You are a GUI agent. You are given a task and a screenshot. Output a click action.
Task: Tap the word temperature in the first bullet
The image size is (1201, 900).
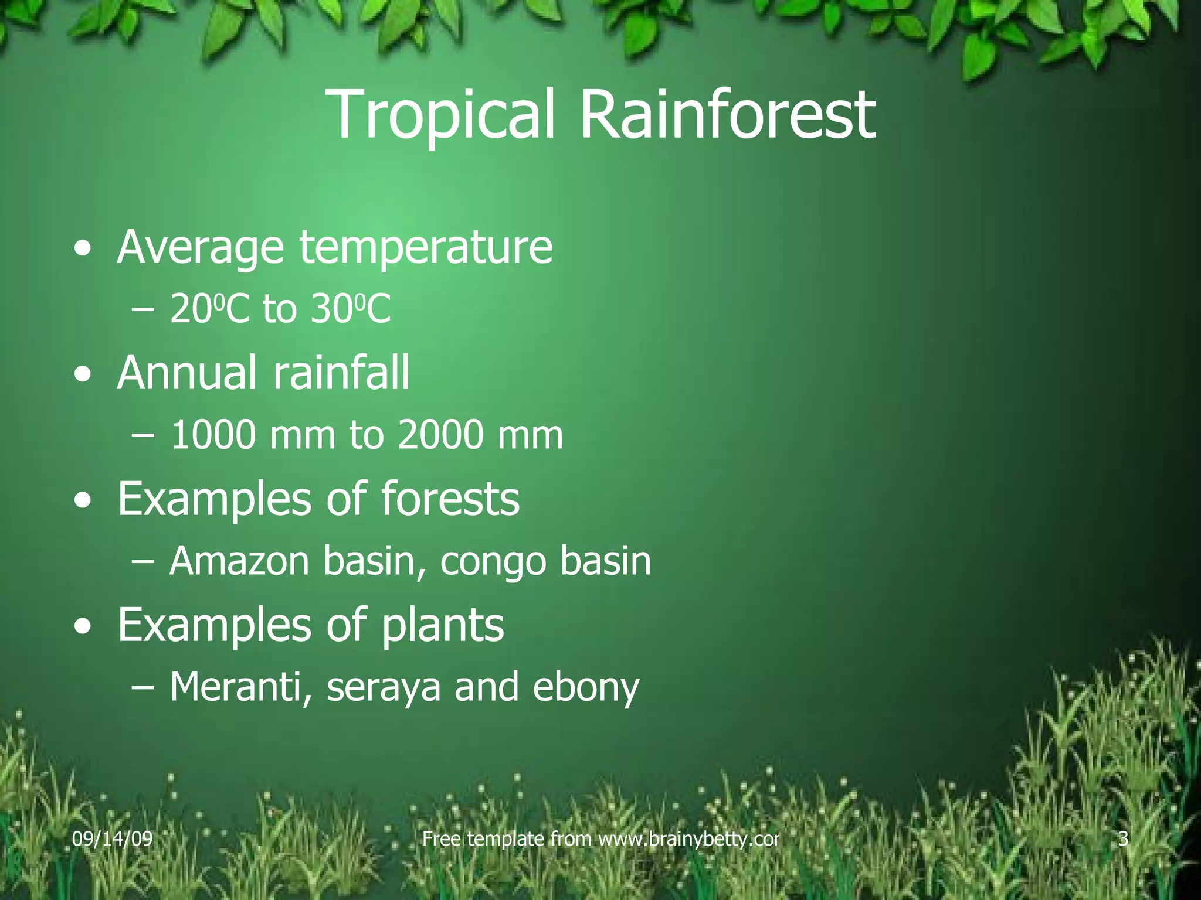click(426, 248)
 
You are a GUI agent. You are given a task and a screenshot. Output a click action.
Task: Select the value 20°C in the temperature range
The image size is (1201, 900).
click(209, 309)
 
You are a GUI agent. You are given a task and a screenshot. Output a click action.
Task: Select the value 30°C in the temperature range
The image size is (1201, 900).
click(350, 309)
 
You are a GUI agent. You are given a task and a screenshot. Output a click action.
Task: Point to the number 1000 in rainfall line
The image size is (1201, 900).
click(213, 435)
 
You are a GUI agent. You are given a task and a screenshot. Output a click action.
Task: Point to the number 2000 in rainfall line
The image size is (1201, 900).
click(440, 435)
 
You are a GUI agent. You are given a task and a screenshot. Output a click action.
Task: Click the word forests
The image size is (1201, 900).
click(450, 499)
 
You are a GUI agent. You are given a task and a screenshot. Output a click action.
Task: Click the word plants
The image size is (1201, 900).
click(443, 626)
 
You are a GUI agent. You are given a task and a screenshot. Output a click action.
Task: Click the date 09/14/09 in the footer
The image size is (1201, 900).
click(112, 839)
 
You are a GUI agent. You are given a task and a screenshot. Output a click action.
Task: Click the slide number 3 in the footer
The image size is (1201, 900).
click(1123, 839)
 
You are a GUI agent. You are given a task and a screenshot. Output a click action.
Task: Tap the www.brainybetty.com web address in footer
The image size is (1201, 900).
click(688, 839)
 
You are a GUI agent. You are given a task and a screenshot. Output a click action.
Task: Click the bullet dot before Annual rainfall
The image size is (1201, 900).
click(83, 375)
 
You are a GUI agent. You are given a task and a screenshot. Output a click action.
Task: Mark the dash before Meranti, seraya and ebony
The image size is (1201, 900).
click(143, 687)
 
